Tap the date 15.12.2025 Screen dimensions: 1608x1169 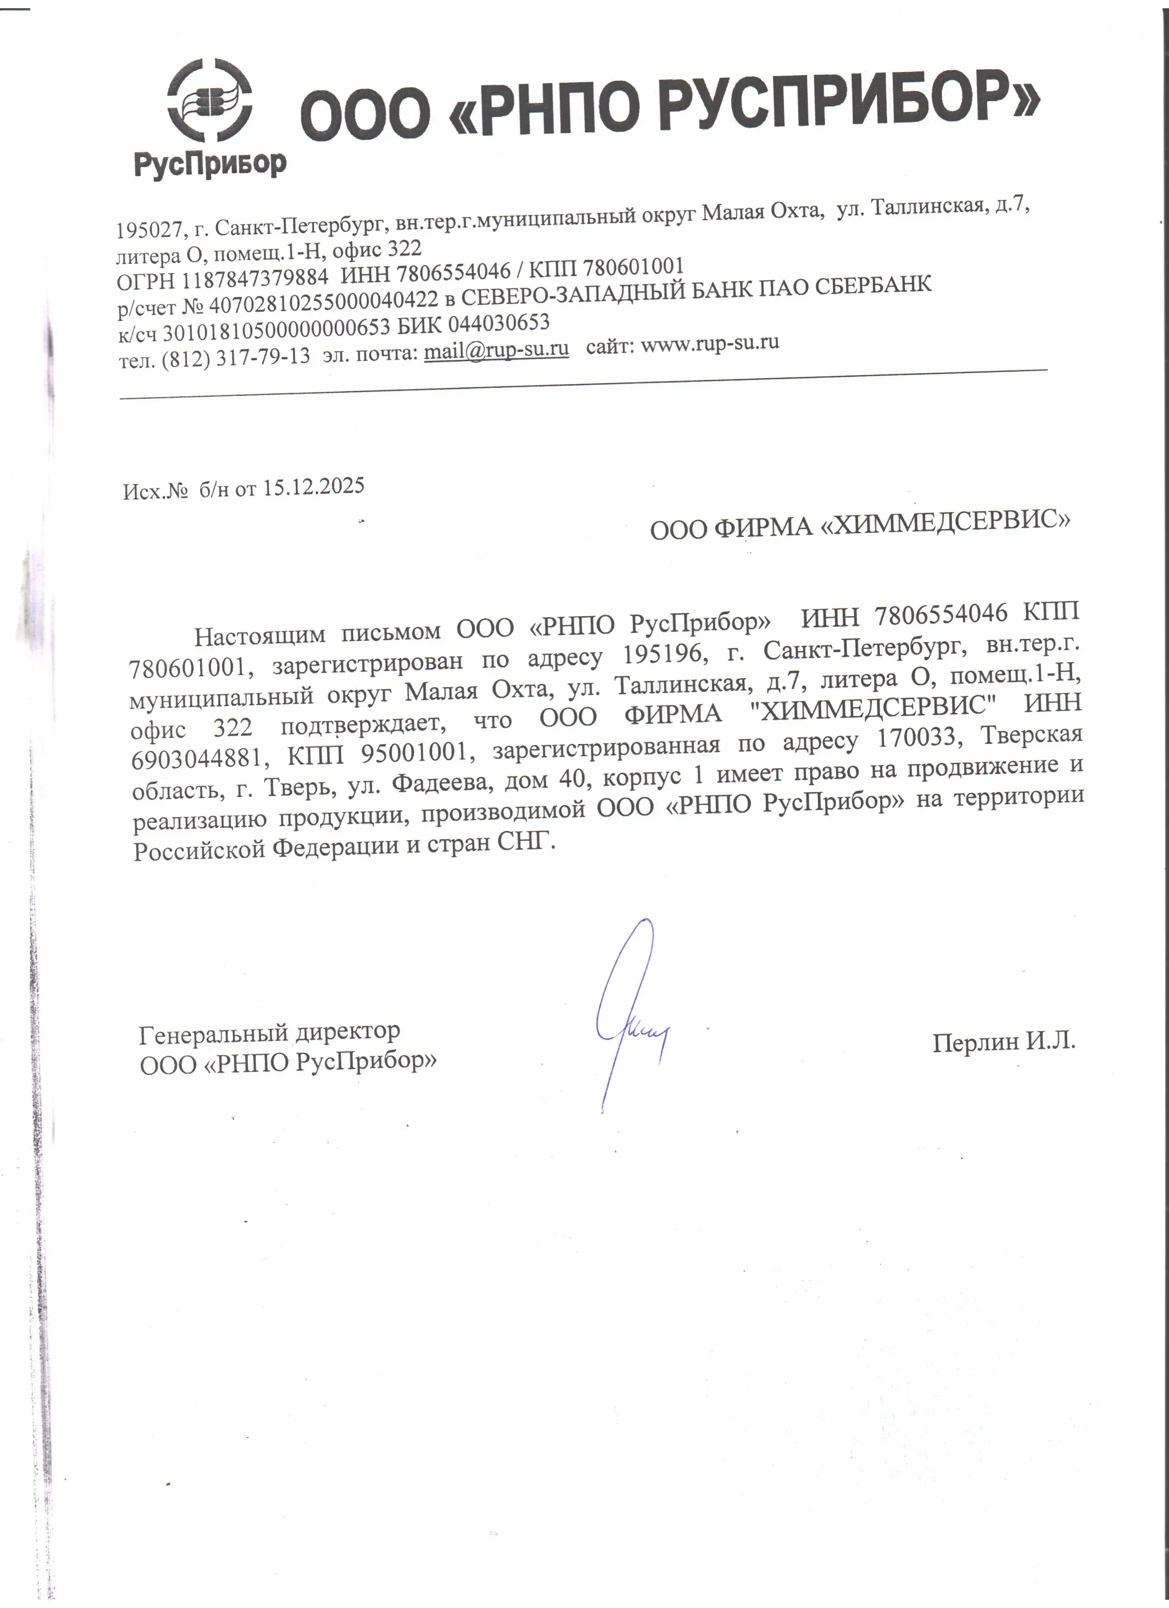[x=314, y=487]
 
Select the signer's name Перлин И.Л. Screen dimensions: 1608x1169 [x=1004, y=1041]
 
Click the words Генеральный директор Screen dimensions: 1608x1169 [x=270, y=1032]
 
